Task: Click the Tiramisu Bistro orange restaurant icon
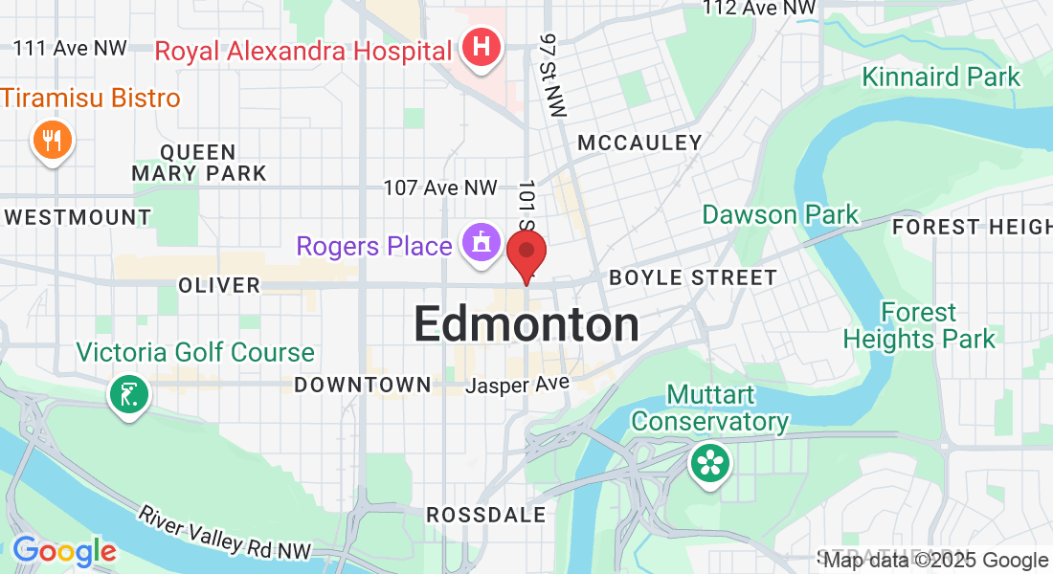tap(53, 141)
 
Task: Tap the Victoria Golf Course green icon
tap(127, 393)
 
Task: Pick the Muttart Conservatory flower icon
tap(709, 464)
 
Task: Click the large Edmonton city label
tap(526, 325)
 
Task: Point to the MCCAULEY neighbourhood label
tap(639, 143)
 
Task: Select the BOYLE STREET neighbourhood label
tap(693, 278)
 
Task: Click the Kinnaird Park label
tap(942, 77)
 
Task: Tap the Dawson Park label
tap(780, 214)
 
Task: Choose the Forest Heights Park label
tap(919, 326)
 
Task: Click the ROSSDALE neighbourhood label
tap(486, 515)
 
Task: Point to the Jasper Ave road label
tap(518, 385)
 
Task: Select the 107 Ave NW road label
tap(440, 188)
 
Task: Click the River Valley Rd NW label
tap(225, 532)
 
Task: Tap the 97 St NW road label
tap(552, 76)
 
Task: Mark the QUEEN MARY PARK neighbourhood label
tap(199, 163)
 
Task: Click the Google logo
tap(64, 551)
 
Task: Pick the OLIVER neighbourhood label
tap(219, 285)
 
